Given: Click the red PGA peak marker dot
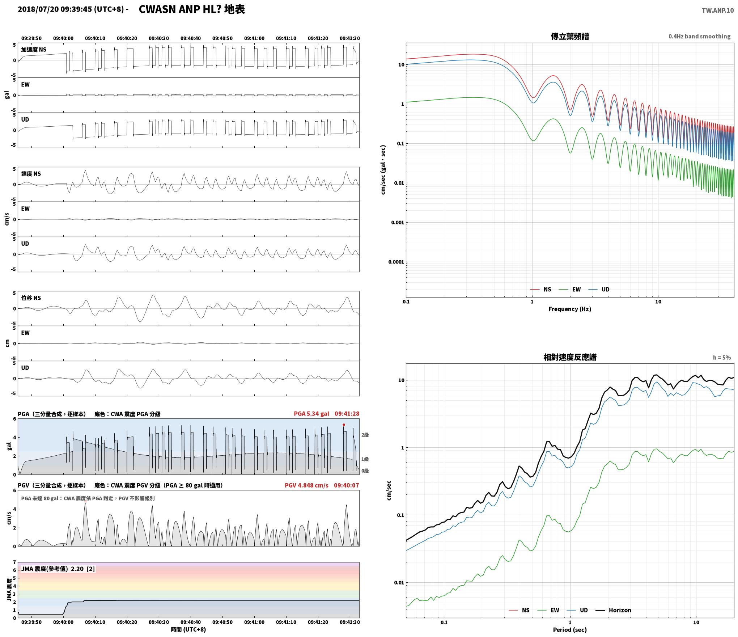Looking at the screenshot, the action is point(344,425).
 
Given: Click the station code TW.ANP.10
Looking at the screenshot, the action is point(718,10).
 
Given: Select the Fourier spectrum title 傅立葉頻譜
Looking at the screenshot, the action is point(570,37).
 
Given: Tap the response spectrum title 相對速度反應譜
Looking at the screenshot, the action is point(570,357).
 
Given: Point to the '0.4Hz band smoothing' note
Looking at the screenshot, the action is point(699,36).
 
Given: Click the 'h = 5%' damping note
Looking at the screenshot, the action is point(722,358).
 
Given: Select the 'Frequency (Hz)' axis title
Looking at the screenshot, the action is point(570,309).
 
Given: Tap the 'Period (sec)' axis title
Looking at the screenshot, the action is point(570,630).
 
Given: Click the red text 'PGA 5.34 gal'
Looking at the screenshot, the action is point(311,414).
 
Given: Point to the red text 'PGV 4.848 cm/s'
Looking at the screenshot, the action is point(306,485).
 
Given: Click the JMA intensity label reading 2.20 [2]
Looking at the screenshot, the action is point(58,569).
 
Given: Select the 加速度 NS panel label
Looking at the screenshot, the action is point(34,50).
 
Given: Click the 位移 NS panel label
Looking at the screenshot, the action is point(31,298).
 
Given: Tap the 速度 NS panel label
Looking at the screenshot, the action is point(31,174).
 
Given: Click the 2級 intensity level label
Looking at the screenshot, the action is point(365,435).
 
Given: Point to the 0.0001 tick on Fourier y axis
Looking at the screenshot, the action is point(396,262).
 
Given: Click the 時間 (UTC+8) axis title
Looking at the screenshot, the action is point(188,629).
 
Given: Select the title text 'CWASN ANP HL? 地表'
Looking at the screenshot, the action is point(192,9).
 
